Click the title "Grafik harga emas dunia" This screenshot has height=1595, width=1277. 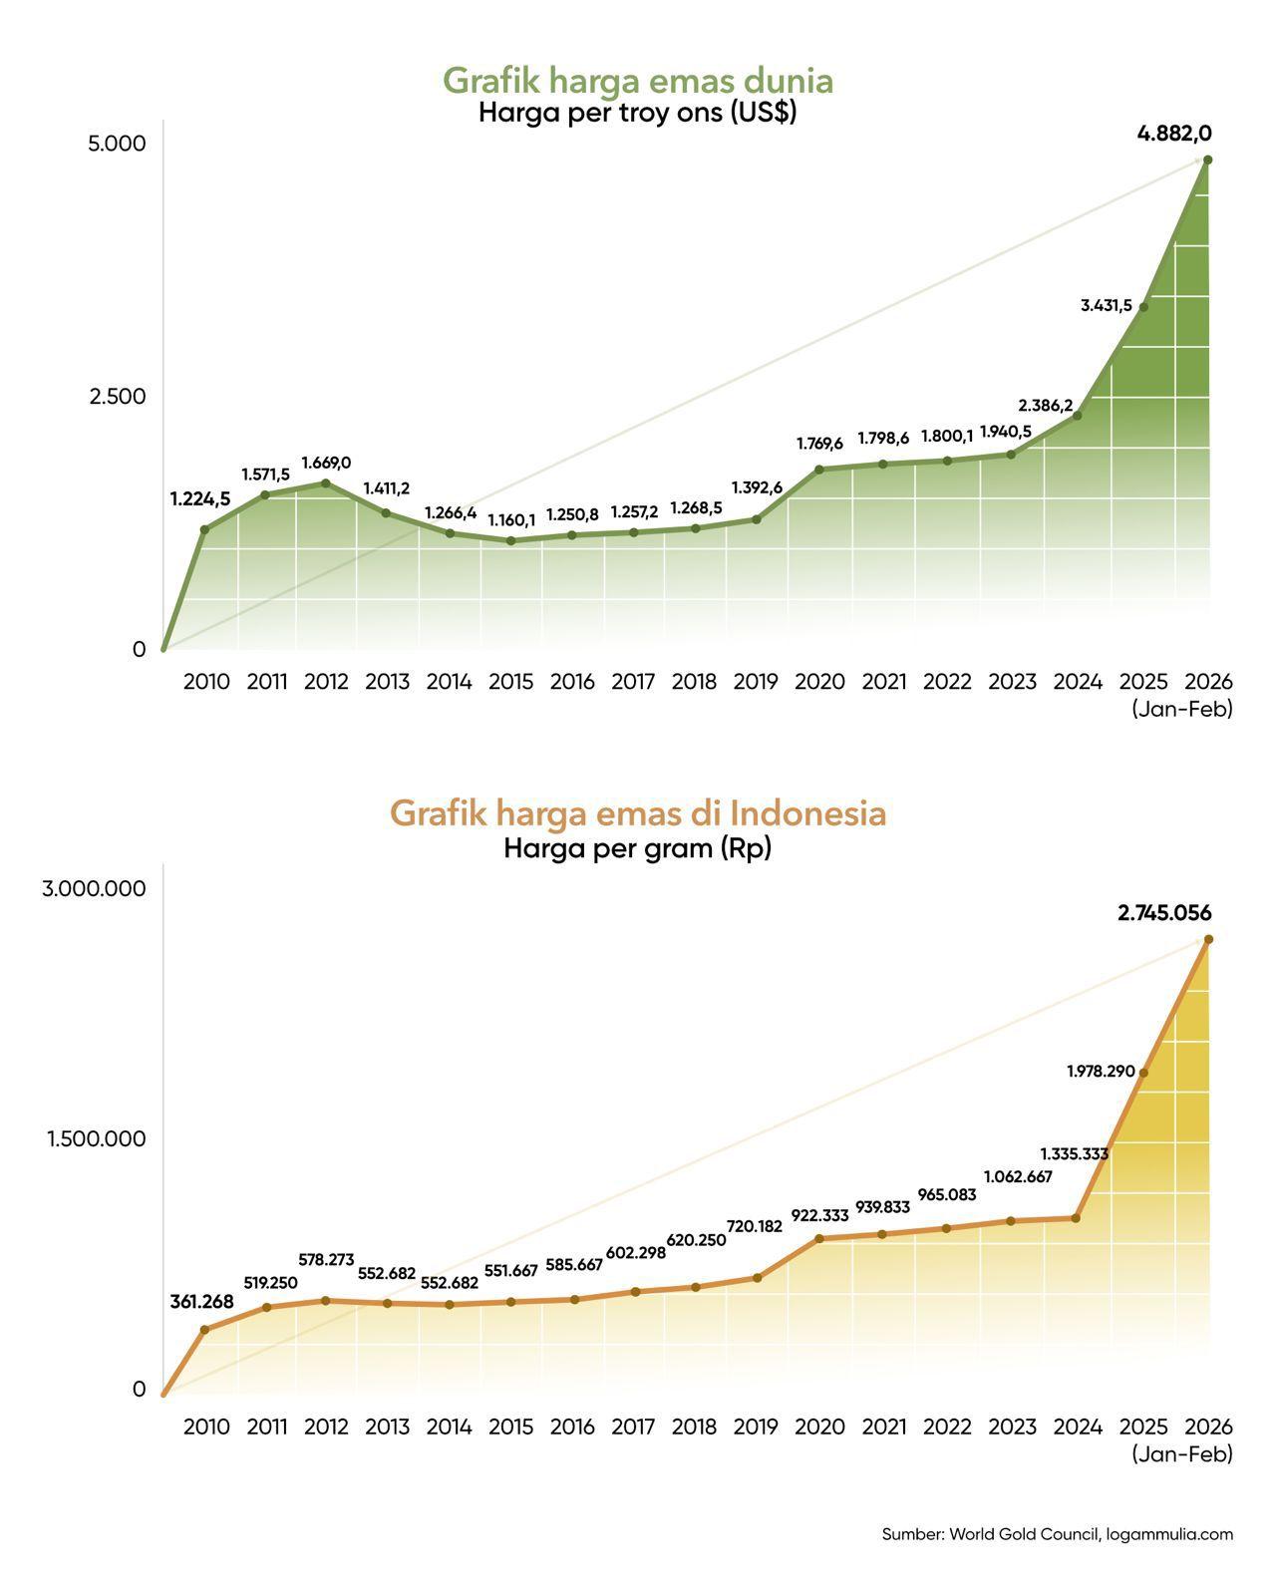coord(638,80)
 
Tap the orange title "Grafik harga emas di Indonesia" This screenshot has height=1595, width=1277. coord(638,813)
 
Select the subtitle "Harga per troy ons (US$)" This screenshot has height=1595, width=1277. coord(638,113)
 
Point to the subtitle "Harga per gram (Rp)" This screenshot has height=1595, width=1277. coord(638,849)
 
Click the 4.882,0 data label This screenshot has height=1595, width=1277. coord(1174,134)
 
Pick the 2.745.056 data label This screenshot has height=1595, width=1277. coord(1164,913)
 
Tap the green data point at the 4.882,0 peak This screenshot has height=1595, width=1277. coord(1208,159)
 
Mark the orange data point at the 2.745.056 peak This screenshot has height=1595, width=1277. coord(1208,939)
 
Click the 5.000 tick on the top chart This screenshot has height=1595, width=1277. coord(117,144)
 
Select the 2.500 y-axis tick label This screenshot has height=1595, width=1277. coord(117,397)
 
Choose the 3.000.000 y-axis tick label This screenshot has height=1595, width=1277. coord(94,888)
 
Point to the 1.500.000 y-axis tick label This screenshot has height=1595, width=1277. coord(96,1138)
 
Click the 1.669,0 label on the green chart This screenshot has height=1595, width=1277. coord(326,463)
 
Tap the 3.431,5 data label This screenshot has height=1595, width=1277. coord(1107,306)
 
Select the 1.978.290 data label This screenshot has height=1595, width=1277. coord(1101,1072)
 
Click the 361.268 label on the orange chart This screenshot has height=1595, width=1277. coord(202,1302)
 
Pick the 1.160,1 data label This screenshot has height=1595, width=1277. coord(511,519)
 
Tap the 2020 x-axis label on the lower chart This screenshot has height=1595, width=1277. coord(819,1427)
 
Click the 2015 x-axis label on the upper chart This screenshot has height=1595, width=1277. coord(511,682)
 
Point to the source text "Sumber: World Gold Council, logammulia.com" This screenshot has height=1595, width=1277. coord(1057,1534)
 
